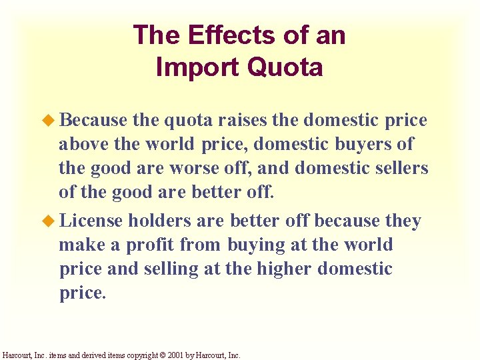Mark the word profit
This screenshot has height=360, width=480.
coord(147,245)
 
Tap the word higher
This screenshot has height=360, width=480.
coord(280,269)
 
